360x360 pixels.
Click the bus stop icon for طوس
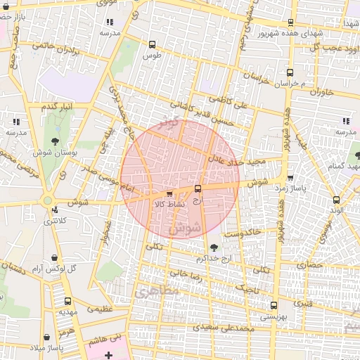click(152, 44)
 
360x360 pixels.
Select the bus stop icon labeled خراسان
click(290, 72)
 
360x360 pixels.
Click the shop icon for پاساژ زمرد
click(290, 176)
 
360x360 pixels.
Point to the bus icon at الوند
click(337, 200)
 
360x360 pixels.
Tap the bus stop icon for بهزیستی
click(274, 305)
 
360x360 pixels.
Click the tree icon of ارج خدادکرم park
click(213, 247)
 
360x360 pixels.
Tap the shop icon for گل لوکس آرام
click(56, 258)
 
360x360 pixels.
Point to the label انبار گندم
click(57, 106)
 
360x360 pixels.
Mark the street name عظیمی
click(99, 308)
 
